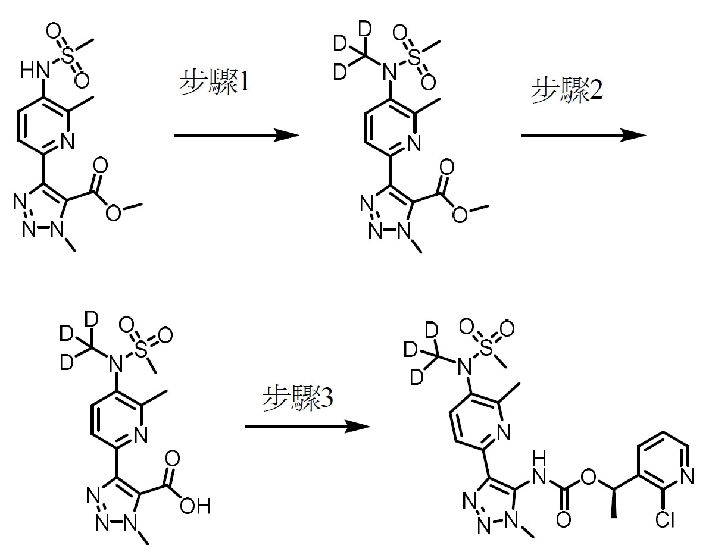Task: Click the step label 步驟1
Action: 214,83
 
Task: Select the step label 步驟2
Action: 567,90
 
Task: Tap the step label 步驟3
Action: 298,398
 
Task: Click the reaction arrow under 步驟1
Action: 237,135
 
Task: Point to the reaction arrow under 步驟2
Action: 583,135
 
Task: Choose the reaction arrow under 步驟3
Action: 308,427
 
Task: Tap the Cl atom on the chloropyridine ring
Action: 665,519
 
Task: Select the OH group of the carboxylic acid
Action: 195,506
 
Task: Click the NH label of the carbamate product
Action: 539,468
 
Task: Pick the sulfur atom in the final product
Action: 486,347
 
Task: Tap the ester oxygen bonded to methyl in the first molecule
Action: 113,212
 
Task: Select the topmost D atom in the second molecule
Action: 364,29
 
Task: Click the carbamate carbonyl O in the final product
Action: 563,519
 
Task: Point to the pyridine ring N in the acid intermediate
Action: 140,435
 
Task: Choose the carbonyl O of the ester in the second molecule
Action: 447,167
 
